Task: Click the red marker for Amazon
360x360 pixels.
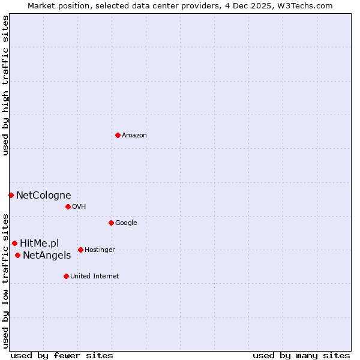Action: pyautogui.click(x=118, y=135)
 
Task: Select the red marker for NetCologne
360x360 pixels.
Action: pyautogui.click(x=11, y=195)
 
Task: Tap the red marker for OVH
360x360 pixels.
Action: pyautogui.click(x=68, y=206)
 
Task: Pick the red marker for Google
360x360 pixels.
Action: pyautogui.click(x=111, y=223)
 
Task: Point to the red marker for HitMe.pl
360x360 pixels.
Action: pyautogui.click(x=14, y=243)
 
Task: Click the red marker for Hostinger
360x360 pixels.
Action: pyautogui.click(x=80, y=250)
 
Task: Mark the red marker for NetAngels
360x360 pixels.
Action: pyautogui.click(x=17, y=256)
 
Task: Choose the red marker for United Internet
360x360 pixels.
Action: pyautogui.click(x=66, y=276)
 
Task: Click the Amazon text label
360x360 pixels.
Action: pyautogui.click(x=134, y=136)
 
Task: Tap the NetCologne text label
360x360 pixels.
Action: pyautogui.click(x=43, y=195)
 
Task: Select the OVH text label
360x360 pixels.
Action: pyautogui.click(x=79, y=207)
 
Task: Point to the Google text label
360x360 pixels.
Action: pyautogui.click(x=126, y=223)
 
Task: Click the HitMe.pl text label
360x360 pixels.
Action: pyautogui.click(x=40, y=243)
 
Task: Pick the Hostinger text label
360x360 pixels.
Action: pyautogui.click(x=100, y=250)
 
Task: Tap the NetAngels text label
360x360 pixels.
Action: pyautogui.click(x=47, y=256)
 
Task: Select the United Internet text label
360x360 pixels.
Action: pyautogui.click(x=95, y=277)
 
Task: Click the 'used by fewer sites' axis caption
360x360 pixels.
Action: pyautogui.click(x=62, y=355)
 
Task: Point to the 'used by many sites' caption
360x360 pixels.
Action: pyautogui.click(x=301, y=355)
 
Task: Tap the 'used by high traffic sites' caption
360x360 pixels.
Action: pyautogui.click(x=5, y=86)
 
